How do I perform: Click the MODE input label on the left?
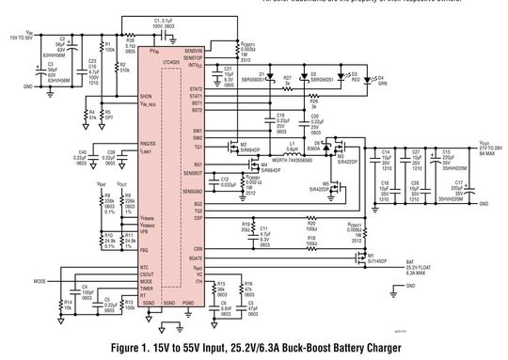[x=40, y=280]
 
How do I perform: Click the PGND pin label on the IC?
[x=188, y=303]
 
